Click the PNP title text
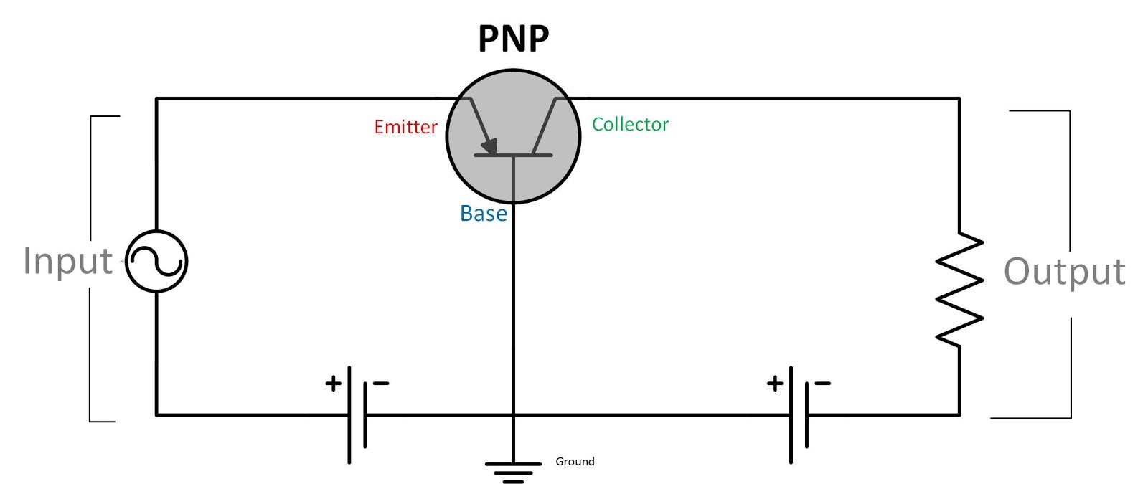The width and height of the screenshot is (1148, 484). pos(513,39)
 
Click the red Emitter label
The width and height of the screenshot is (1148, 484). pos(405,127)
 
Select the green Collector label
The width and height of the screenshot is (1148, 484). pos(630,124)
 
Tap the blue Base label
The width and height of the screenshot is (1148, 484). pos(483,214)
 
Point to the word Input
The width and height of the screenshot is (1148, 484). pos(67,261)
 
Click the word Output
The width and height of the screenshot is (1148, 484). pos(1064,272)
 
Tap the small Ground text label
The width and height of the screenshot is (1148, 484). pos(575,461)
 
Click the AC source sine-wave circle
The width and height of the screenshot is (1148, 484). pos(156,261)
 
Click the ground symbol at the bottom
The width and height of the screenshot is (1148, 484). pos(513,471)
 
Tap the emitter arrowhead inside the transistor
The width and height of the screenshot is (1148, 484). pos(489,146)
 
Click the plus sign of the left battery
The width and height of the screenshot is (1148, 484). pos(333,384)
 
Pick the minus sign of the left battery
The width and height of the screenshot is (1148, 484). pos(381,384)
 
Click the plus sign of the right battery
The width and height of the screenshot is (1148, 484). pos(775,384)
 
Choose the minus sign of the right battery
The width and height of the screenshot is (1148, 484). pos(822,384)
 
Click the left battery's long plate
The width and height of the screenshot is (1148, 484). pos(349,414)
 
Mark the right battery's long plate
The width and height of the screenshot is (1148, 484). pos(791,414)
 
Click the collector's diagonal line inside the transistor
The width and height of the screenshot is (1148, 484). pos(545,126)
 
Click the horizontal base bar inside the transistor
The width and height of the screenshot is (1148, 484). pos(513,155)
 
